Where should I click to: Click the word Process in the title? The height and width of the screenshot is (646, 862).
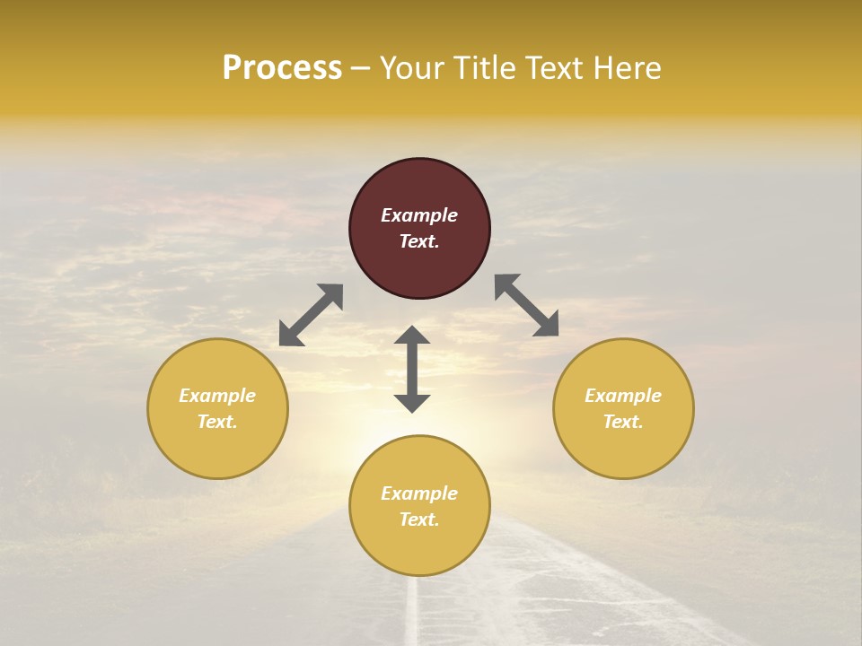[x=282, y=68]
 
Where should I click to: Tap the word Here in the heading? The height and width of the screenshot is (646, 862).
[x=626, y=68]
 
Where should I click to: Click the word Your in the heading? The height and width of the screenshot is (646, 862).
[x=413, y=68]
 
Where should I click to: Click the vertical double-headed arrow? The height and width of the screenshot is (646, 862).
[x=412, y=369]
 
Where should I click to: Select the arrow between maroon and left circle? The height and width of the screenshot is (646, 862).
[x=311, y=315]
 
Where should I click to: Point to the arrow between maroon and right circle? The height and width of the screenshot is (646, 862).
[x=527, y=306]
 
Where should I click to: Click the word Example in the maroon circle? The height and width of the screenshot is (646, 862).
[x=419, y=215]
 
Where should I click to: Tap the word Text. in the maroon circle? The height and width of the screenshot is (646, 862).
[x=419, y=241]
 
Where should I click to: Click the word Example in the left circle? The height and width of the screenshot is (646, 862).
[x=217, y=396]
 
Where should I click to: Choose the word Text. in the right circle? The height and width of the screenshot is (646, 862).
[x=623, y=422]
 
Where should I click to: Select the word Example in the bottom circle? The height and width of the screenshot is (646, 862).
[x=419, y=493]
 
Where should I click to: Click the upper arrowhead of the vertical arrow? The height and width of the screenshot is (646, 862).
[x=412, y=335]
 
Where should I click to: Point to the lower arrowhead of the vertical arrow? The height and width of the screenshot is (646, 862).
[x=412, y=403]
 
